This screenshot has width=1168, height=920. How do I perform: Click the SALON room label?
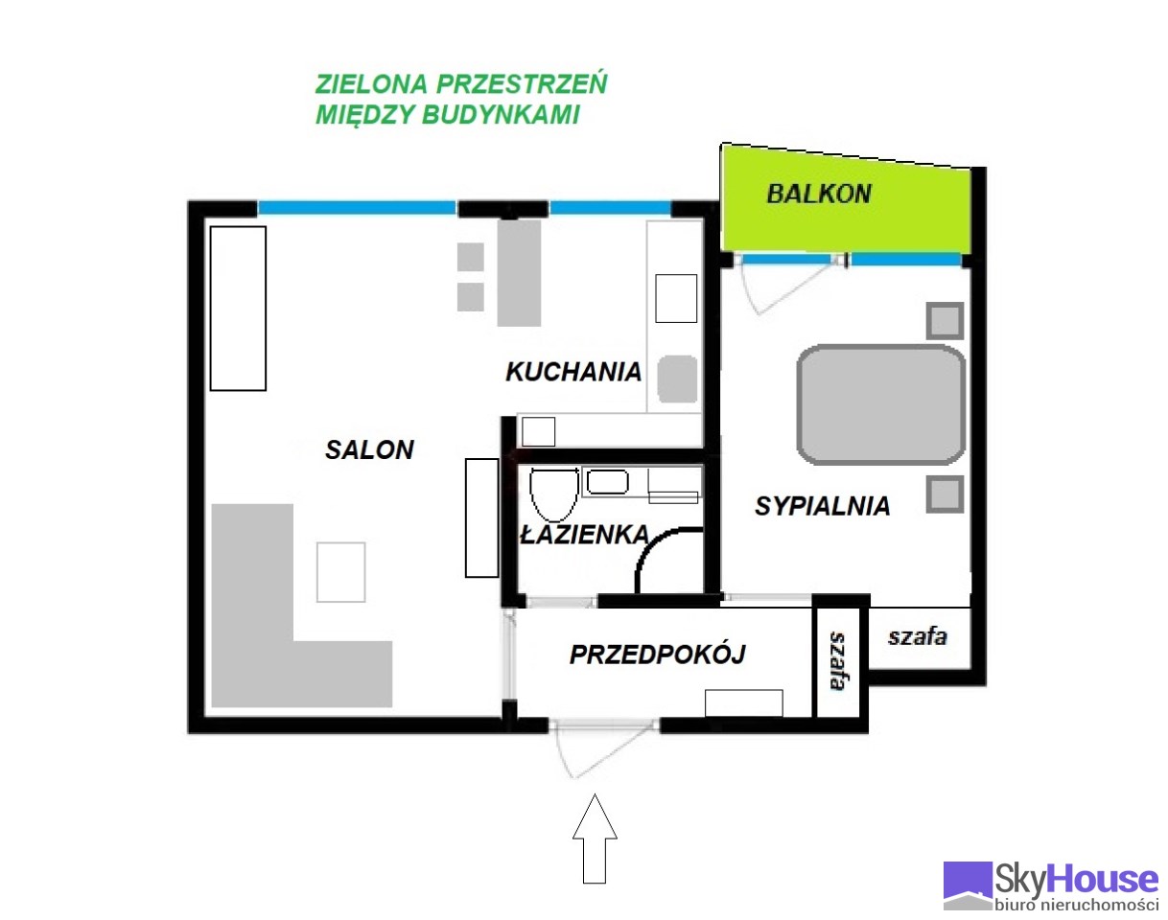[369, 449]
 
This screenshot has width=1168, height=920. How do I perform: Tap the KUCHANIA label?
[573, 372]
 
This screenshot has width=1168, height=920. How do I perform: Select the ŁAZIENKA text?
[585, 535]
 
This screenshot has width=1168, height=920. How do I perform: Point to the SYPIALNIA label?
[822, 506]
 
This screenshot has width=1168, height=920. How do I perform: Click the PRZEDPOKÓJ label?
[657, 654]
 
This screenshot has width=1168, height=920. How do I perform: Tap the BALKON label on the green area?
[819, 194]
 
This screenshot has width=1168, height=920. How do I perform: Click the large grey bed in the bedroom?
[881, 404]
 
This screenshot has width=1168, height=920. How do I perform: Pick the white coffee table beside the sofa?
[340, 572]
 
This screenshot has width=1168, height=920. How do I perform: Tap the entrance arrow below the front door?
[595, 839]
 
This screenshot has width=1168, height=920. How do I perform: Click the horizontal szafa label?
[918, 637]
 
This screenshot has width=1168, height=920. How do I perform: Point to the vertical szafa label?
[838, 661]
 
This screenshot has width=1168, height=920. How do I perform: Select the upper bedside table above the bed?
[945, 321]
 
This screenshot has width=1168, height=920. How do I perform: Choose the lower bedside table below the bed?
[945, 494]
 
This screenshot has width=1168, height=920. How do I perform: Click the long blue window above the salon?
[357, 207]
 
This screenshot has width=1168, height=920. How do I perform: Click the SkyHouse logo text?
[1076, 880]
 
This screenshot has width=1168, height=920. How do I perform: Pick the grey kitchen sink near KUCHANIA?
[677, 379]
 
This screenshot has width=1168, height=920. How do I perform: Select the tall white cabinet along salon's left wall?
[238, 309]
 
